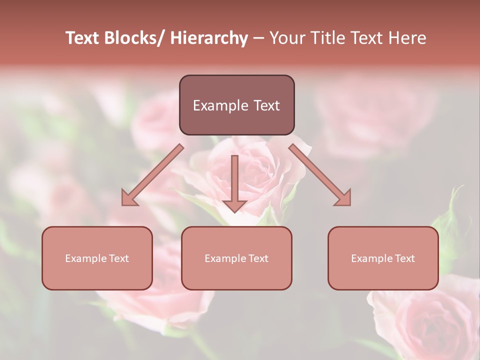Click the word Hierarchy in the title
click(x=209, y=38)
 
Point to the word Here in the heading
click(x=407, y=38)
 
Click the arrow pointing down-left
click(x=152, y=174)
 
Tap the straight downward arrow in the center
click(x=234, y=182)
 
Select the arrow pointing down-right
click(x=319, y=174)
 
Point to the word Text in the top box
click(x=265, y=105)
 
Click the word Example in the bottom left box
click(x=85, y=258)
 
